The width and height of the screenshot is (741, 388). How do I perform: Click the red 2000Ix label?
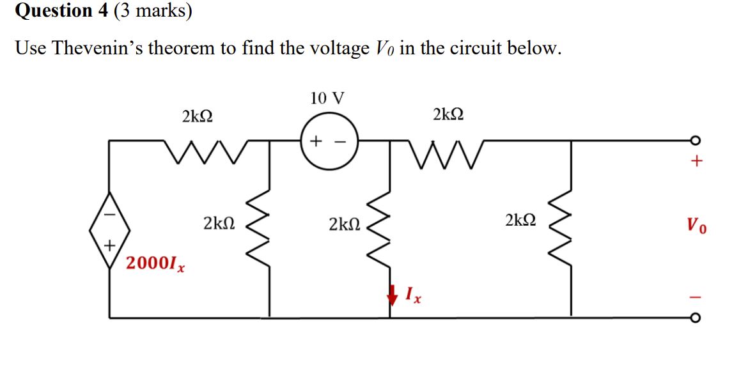155,263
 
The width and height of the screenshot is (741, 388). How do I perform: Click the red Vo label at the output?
696,225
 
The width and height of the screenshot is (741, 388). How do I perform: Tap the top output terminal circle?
696,141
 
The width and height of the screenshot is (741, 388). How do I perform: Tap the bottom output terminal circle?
696,317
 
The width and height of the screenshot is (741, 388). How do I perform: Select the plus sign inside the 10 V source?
316,140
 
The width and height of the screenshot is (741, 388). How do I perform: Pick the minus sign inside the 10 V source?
342,140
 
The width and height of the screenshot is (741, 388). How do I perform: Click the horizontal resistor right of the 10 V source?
448,153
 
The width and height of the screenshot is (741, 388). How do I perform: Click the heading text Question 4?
61,11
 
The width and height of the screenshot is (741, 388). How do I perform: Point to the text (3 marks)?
153,11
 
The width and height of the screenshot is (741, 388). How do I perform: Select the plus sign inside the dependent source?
109,244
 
